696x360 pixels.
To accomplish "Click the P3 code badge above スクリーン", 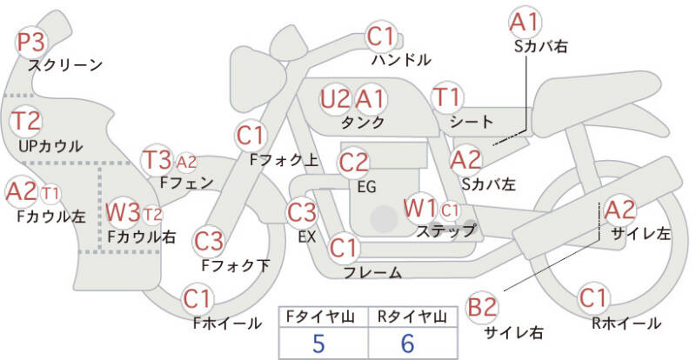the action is click(x=31, y=43).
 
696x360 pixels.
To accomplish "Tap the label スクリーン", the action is click(x=65, y=66).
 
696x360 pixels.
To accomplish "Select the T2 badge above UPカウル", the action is click(x=26, y=121).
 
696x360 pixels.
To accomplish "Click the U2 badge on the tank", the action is click(x=335, y=99).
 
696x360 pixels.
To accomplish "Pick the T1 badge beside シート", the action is click(x=447, y=97).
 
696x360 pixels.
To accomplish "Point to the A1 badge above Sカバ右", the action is click(x=525, y=23).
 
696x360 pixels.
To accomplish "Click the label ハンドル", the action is click(x=401, y=59).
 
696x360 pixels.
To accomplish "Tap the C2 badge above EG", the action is click(x=354, y=163).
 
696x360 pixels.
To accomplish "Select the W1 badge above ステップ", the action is click(x=420, y=209).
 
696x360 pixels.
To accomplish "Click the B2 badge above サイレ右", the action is click(x=482, y=307).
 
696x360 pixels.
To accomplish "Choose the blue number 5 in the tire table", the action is click(x=318, y=343).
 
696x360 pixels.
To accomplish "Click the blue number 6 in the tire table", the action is click(x=407, y=343).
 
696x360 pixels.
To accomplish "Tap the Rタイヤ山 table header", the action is click(x=412, y=317).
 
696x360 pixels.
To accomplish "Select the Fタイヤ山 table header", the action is click(x=320, y=317).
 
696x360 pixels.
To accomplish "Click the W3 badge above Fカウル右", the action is click(x=123, y=212).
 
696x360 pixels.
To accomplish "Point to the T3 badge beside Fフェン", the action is click(x=157, y=160).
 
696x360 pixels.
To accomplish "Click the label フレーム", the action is click(x=373, y=272).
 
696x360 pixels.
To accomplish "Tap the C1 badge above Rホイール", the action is click(x=593, y=298).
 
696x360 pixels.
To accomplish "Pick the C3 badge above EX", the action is click(x=302, y=212).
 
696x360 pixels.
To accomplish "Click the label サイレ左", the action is click(x=641, y=234).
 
